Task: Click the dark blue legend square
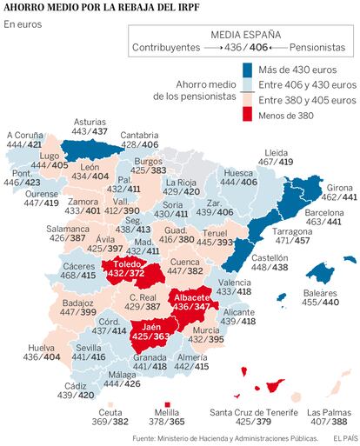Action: pos(247,70)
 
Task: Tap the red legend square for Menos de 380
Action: pos(247,114)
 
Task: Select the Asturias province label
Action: pos(90,122)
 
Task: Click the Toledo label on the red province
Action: pos(127,264)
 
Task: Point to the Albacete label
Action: pos(191,297)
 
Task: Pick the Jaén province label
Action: pos(151,327)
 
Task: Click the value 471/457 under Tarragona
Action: pos(292,241)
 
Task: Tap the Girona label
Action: pos(339,188)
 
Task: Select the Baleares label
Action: pos(320,293)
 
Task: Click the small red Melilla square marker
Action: pos(167,404)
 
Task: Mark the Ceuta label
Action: pos(110,412)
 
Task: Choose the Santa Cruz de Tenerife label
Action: pos(254,412)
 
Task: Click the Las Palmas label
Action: pos(329,412)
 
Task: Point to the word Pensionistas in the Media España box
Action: pos(317,47)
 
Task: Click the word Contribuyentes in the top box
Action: pos(166,47)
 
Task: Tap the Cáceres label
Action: pos(79,266)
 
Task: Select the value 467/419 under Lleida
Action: pos(276,162)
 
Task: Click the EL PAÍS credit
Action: pos(345,439)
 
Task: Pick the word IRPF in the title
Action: pos(188,7)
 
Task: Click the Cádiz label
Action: pos(76,386)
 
